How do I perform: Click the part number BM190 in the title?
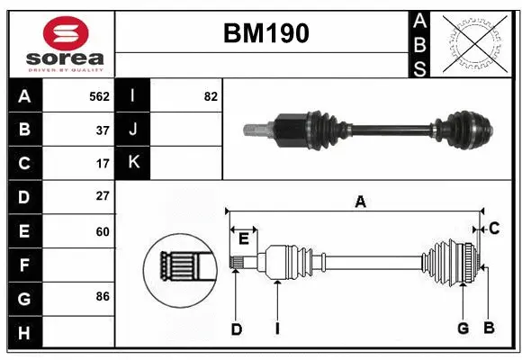coord(265,33)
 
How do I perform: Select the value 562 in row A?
coord(99,96)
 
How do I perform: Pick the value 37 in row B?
coord(103,130)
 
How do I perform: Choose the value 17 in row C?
coord(103,164)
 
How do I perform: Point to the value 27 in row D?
coord(103,196)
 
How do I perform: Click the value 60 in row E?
coord(103,231)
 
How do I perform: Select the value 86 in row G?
coord(103,296)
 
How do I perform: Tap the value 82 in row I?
coord(211,96)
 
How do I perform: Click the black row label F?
coord(24,265)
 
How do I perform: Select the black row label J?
coord(132,130)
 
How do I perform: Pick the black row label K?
coord(132,163)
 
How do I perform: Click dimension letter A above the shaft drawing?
coord(360,202)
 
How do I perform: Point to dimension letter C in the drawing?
coord(494,229)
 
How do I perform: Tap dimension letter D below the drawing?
coord(236,329)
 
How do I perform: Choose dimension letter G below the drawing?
coord(463,328)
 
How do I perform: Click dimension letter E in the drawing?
coord(244,238)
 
